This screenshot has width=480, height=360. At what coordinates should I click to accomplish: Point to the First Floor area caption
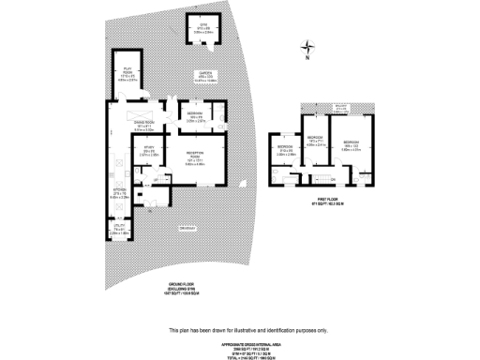(325, 201)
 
